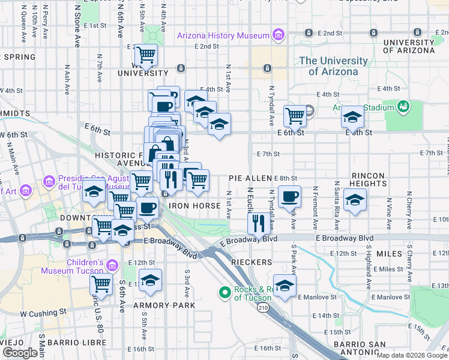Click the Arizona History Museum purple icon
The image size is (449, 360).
pyautogui.click(x=278, y=35)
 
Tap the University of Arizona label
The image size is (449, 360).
pyautogui.click(x=333, y=66)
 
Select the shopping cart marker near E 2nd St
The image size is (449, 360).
pyautogui.click(x=146, y=56)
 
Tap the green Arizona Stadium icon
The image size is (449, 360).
pyautogui.click(x=403, y=107)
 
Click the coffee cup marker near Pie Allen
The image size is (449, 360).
pyautogui.click(x=289, y=196)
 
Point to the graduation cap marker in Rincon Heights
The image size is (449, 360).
pyautogui.click(x=355, y=200)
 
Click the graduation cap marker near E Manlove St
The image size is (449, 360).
pyautogui.click(x=285, y=284)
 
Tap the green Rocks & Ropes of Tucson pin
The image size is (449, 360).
pyautogui.click(x=225, y=292)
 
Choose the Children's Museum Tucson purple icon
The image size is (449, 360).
pyautogui.click(x=111, y=265)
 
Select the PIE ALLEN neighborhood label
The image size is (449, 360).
pyautogui.click(x=250, y=179)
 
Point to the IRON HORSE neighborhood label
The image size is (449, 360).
pyautogui.click(x=190, y=205)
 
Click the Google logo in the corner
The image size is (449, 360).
pyautogui.click(x=20, y=353)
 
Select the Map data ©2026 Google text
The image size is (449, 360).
pyautogui.click(x=412, y=355)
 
